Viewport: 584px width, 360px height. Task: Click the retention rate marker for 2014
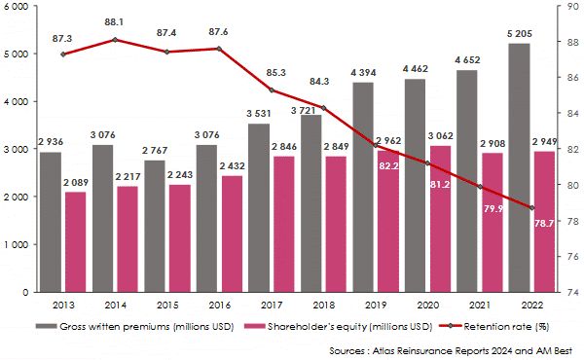point(117,40)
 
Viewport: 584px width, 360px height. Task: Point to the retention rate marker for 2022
point(531,207)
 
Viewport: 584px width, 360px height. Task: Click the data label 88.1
point(117,21)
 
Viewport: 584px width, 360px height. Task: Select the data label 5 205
point(519,34)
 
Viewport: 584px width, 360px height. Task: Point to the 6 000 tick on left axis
point(18,7)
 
